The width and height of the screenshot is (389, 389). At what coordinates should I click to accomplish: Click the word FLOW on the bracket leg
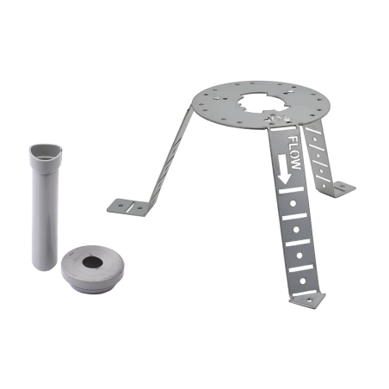coord(294,152)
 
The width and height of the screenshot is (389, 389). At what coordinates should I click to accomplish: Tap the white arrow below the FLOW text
coord(284,170)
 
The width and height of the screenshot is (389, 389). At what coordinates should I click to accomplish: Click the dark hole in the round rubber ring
coord(92,262)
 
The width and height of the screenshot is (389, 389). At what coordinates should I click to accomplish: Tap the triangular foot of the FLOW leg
coord(307,300)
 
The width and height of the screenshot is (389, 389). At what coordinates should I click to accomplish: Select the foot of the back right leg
coord(343,188)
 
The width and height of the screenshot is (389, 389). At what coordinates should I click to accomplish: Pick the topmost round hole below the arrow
coord(293,203)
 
